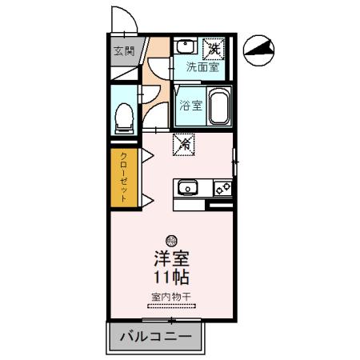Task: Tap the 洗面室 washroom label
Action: click(202, 68)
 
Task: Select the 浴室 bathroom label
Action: click(190, 104)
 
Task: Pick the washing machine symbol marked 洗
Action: click(214, 48)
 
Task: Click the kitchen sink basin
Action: click(188, 188)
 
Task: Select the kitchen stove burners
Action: click(223, 188)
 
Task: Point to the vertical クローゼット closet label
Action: click(124, 180)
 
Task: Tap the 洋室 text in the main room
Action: click(171, 260)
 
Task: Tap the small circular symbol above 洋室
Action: click(170, 240)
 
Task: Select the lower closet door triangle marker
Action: click(147, 198)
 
